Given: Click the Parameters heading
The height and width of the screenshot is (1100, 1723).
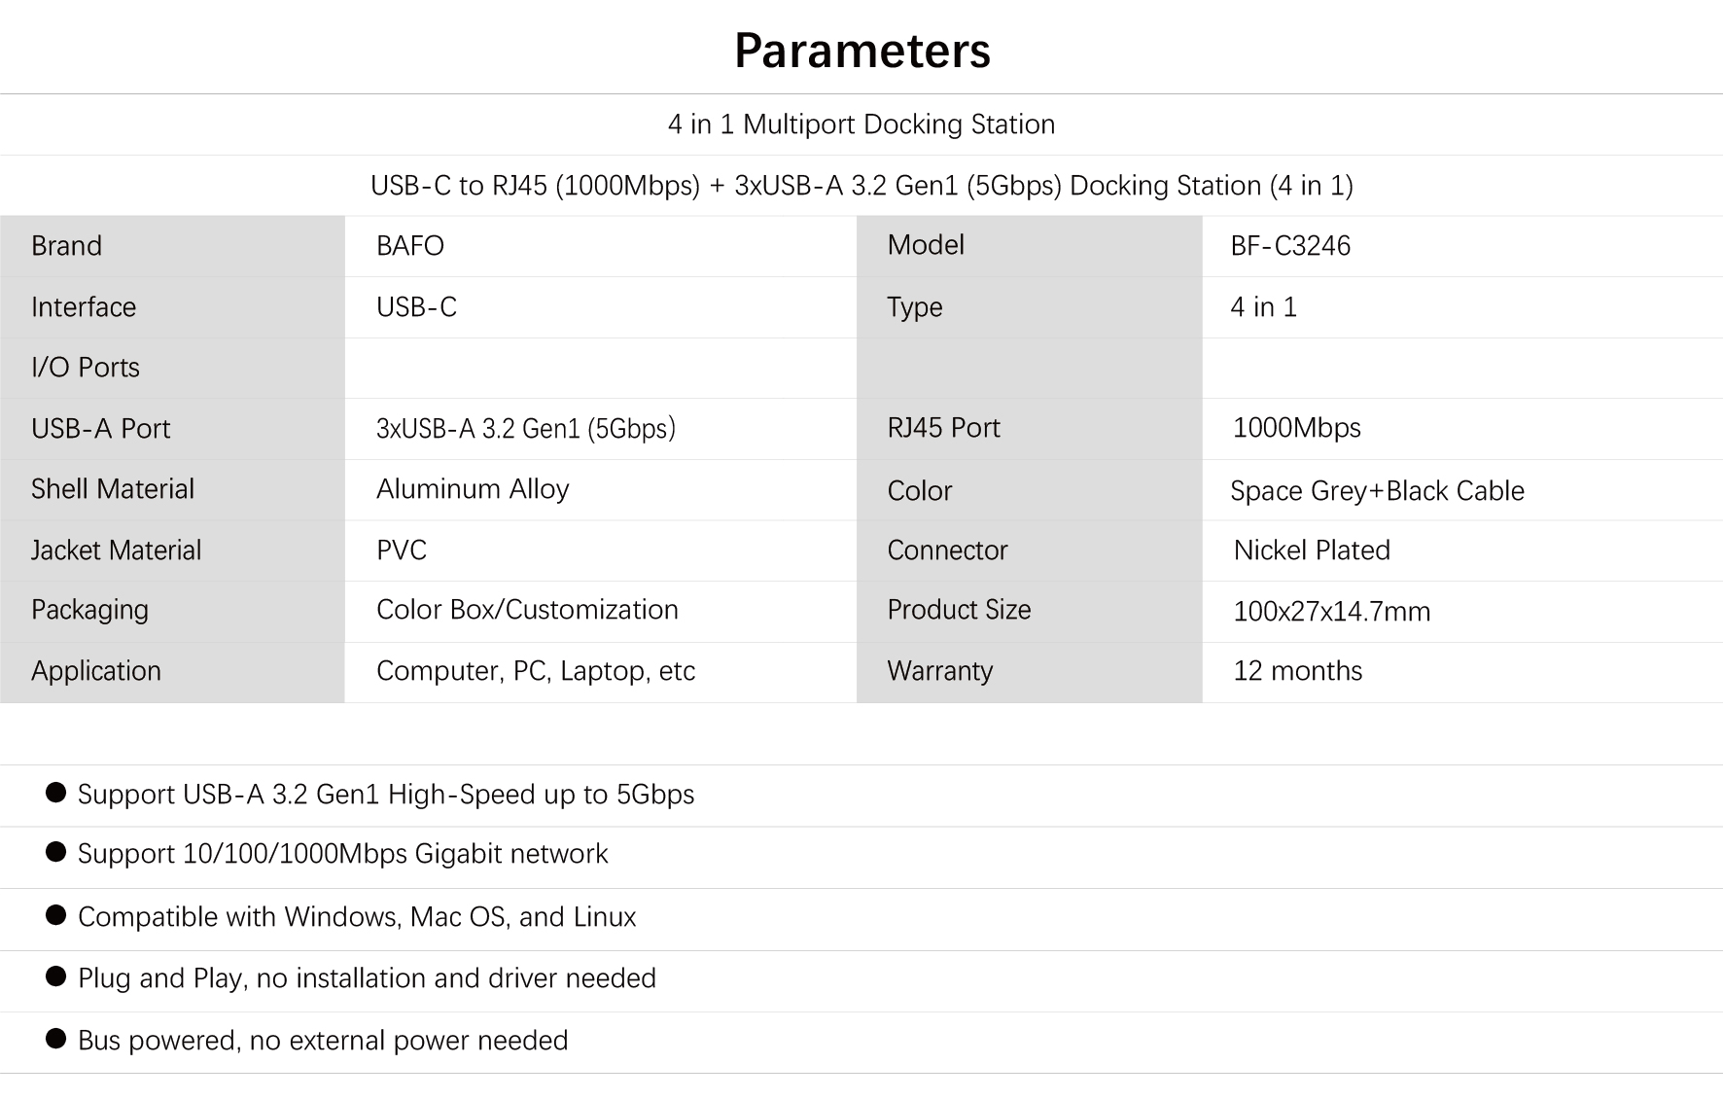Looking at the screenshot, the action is pos(861,51).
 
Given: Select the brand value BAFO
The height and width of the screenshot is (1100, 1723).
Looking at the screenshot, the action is pos(409,245).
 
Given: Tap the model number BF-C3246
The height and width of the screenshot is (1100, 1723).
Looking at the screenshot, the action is pos(1290,245).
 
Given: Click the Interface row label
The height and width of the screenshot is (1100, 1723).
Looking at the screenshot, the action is pos(84,307).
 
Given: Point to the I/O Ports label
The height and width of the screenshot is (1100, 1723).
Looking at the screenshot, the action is pos(86,368).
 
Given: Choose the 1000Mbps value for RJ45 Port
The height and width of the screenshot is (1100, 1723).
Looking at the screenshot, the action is pos(1296,428).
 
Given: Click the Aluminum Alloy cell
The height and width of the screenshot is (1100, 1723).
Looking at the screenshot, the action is pos(473,489).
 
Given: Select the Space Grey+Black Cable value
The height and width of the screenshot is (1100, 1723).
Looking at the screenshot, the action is pos(1377,491).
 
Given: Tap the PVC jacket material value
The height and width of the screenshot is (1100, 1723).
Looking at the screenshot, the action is pos(402,550).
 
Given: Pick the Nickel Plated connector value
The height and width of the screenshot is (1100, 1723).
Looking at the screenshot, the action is pos(1312,550).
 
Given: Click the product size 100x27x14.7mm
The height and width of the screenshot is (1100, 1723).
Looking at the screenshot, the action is pos(1331,612).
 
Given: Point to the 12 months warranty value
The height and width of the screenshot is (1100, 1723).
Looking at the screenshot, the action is pos(1297,671).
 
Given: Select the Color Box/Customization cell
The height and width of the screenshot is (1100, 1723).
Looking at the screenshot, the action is pos(527,610).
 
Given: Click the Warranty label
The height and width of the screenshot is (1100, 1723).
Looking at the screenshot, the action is pos(939,671).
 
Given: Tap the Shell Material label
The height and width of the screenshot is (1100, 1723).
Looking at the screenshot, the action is pos(113,489).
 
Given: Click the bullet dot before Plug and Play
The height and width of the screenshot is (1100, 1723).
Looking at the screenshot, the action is pos(56,976).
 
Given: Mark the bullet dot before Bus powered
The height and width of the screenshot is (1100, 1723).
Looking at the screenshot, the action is pos(56,1039).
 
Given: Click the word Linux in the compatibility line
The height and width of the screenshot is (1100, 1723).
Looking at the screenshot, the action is pos(604,917).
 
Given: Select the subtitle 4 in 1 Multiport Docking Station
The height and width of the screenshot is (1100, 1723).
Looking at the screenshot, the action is pos(861,124).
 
